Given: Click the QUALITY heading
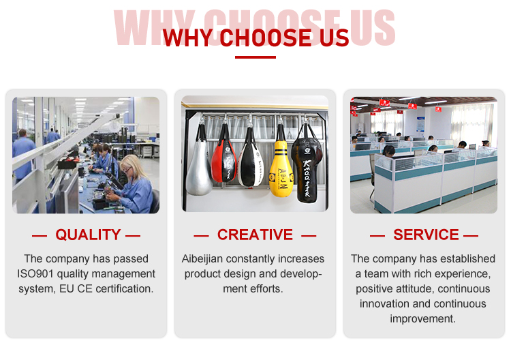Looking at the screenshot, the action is (88, 235).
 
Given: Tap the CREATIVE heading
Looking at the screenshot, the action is (255, 235).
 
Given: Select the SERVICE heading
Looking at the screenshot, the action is (426, 235).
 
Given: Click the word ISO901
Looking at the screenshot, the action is (35, 273).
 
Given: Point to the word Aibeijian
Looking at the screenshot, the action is (202, 259).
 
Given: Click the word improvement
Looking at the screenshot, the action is (422, 319).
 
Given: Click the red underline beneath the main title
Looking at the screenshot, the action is (255, 57).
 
